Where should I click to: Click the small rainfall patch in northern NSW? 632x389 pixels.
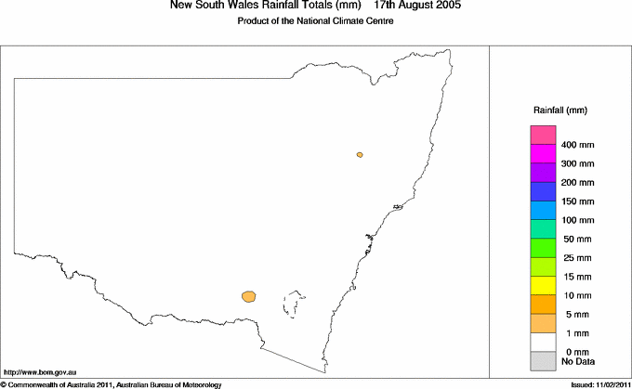[360, 155]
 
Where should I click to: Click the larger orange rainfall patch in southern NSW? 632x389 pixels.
[249, 296]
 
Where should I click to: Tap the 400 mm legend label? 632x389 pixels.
[577, 145]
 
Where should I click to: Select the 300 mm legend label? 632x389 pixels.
[577, 163]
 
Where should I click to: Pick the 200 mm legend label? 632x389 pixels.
[577, 182]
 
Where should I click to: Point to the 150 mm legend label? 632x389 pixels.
[577, 201]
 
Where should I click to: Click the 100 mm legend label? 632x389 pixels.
[577, 220]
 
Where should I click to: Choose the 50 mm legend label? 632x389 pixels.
[575, 239]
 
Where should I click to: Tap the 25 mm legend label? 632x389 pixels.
[575, 257]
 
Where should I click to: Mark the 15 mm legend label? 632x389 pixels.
[575, 276]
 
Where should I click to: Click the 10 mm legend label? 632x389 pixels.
[575, 295]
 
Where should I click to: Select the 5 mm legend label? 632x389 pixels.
[573, 314]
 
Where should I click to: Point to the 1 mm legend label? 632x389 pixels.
[573, 332]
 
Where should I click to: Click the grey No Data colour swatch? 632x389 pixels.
[543, 360]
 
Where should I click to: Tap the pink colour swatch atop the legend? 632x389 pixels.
[543, 135]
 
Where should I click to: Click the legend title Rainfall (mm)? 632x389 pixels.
[559, 110]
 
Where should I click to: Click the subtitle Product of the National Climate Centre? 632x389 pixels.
[317, 21]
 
